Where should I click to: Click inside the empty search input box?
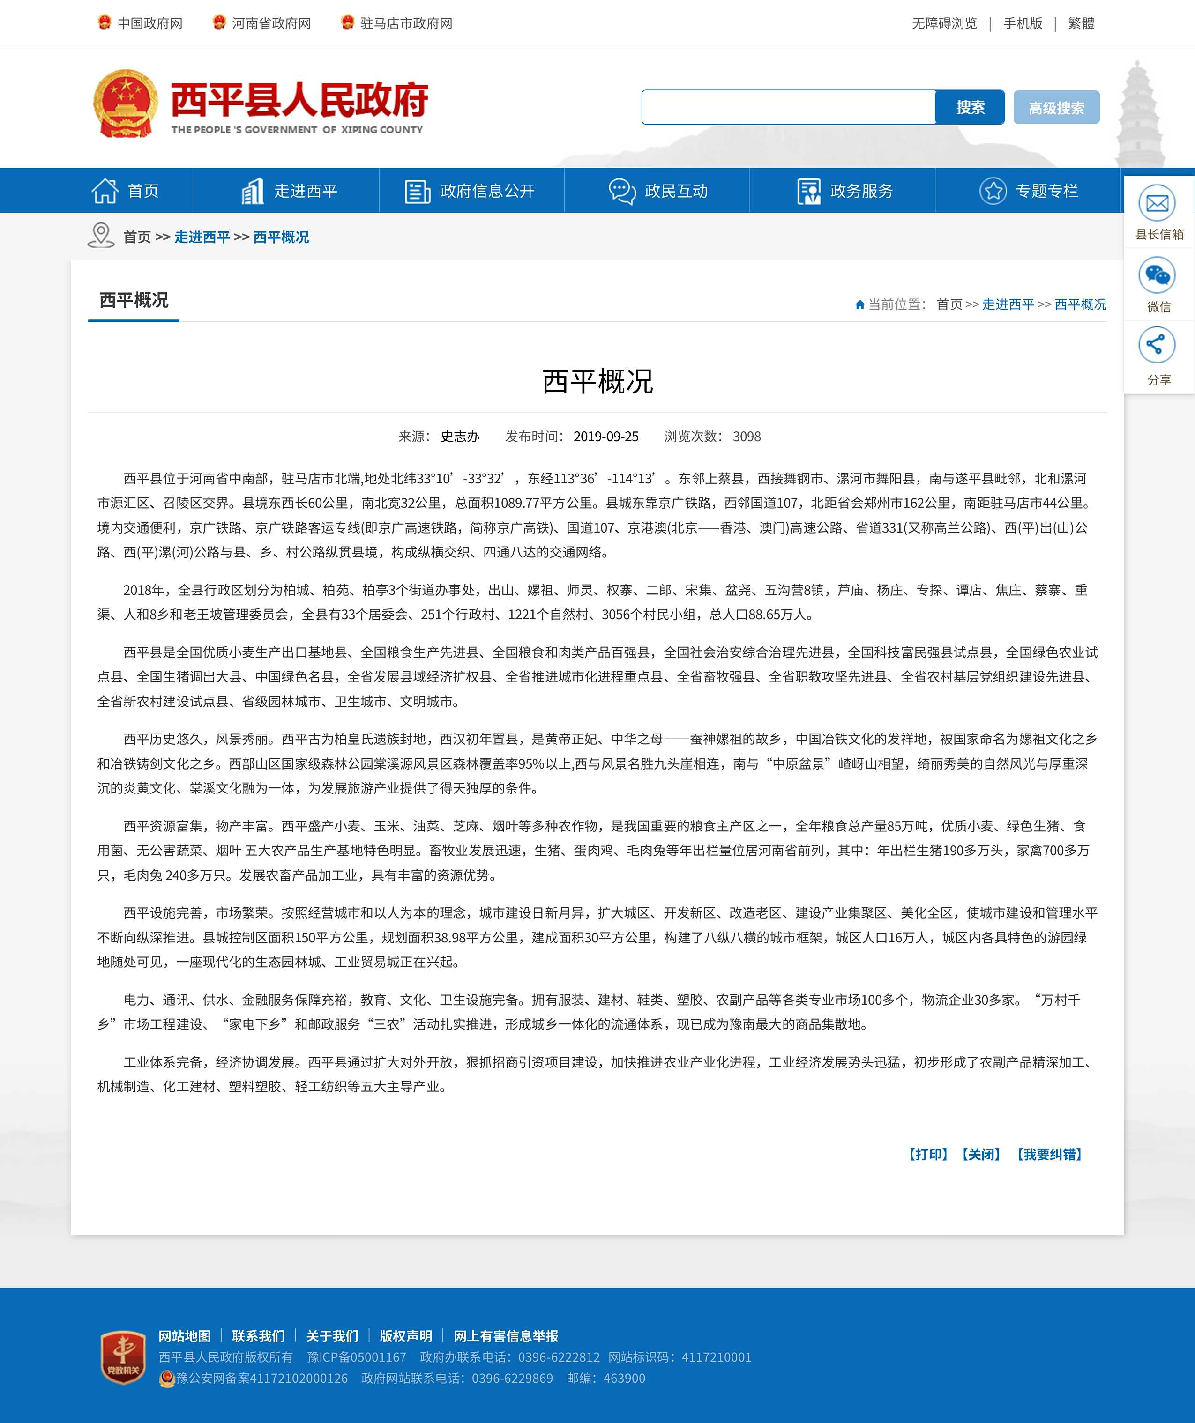[x=788, y=107]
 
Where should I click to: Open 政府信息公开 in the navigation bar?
[x=471, y=191]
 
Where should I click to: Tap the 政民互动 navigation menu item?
[x=657, y=191]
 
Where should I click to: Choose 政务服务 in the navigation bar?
[x=844, y=191]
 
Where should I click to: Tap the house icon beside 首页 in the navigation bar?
[x=105, y=191]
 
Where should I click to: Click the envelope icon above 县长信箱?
[x=1157, y=203]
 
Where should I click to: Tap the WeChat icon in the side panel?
[x=1157, y=275]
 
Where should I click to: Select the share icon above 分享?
[x=1157, y=344]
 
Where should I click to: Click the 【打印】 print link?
[x=928, y=1154]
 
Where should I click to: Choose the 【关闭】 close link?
[x=981, y=1154]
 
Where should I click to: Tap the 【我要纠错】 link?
[x=1049, y=1154]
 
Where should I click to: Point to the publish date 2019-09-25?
[x=605, y=437]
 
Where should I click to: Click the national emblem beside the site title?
[x=126, y=104]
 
